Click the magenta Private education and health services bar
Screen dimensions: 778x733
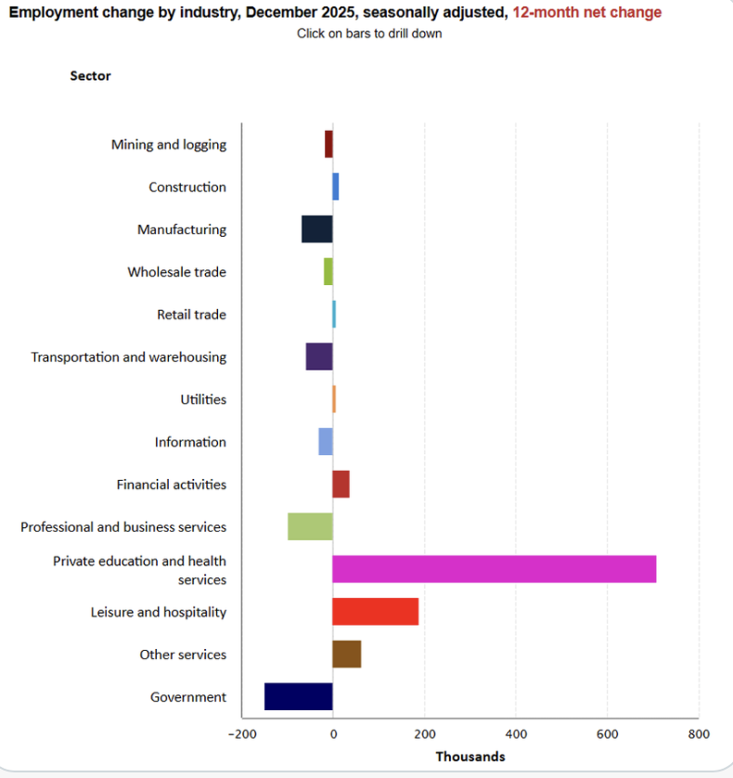pos(494,569)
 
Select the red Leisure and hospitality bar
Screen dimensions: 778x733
pos(375,612)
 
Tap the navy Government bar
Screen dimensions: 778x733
pos(298,696)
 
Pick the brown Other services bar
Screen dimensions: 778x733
pos(346,655)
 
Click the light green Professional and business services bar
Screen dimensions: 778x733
pos(310,526)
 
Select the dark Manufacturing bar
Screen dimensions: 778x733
pos(316,229)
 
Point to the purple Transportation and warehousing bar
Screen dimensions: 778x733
pos(319,357)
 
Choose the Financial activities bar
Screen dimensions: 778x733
pos(341,484)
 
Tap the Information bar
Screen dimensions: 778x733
pos(325,442)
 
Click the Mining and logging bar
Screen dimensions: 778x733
pos(328,145)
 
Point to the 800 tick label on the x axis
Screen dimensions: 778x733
pos(698,734)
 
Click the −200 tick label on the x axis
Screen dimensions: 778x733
pos(240,734)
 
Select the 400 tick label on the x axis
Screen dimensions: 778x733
pos(515,734)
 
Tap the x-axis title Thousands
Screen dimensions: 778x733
pos(470,757)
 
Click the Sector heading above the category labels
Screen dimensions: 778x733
pos(90,76)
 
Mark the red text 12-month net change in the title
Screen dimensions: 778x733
pos(587,13)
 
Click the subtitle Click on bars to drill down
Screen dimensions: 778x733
pos(369,33)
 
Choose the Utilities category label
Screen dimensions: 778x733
pos(203,399)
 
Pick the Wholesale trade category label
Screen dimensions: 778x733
pos(176,272)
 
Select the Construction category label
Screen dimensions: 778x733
pos(187,188)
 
